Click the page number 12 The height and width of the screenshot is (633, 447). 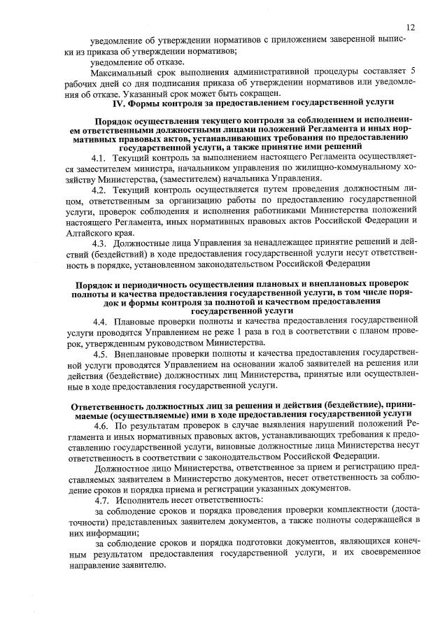410,27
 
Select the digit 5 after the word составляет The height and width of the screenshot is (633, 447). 413,72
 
